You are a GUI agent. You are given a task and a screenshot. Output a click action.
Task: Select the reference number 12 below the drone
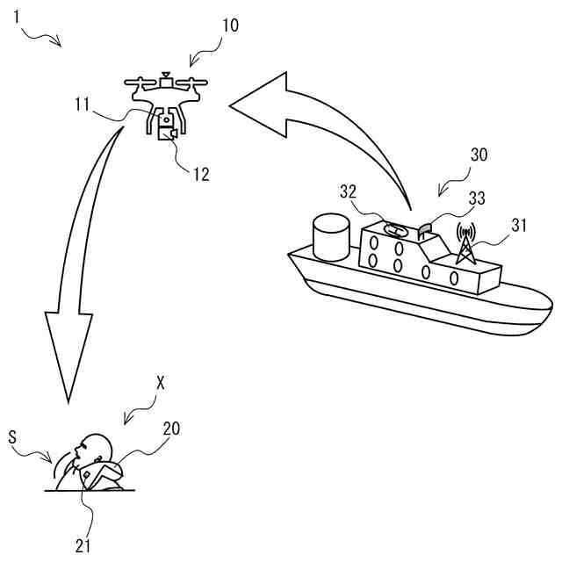[x=201, y=173]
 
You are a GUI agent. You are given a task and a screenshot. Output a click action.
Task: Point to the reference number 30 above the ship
[x=479, y=155]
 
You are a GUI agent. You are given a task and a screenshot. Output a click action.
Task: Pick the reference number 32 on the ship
[x=349, y=192]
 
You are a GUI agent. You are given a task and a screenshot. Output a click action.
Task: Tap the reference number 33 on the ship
[x=477, y=199]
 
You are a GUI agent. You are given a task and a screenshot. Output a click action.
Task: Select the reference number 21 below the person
[x=83, y=545]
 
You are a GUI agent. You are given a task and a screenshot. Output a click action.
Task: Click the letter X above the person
[x=160, y=383]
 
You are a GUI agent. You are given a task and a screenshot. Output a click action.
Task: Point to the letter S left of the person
[x=12, y=436]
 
